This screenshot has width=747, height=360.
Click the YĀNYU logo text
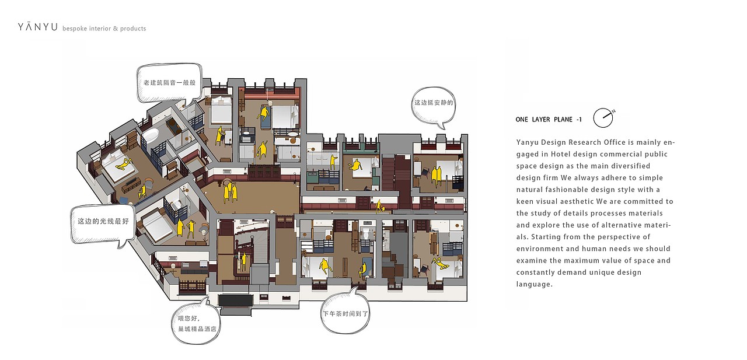coord(38,27)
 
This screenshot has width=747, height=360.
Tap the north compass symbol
coord(603,118)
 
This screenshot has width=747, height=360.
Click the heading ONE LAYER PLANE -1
coord(549,120)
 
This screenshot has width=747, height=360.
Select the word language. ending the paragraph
coord(534,284)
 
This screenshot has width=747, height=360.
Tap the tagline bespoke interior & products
coord(104,29)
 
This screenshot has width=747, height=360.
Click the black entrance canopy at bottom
coord(235,300)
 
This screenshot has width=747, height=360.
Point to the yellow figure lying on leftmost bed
coord(123,164)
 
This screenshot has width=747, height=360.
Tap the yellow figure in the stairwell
coord(244,261)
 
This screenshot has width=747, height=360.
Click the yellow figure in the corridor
coord(379,206)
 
